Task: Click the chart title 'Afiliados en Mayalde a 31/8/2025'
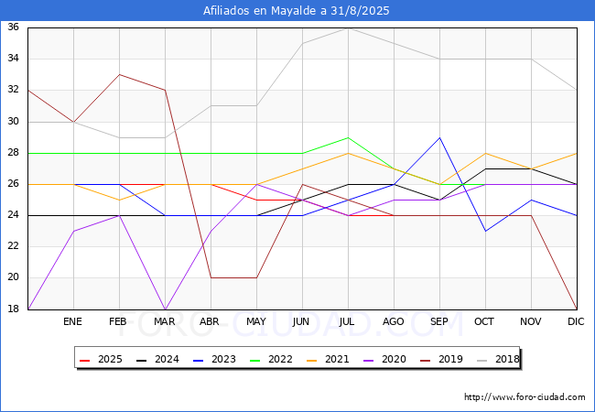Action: [297, 11]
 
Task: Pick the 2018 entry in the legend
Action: [498, 359]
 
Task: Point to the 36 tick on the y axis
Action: [14, 27]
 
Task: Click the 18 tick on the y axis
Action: [14, 309]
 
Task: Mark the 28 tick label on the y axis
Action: [14, 153]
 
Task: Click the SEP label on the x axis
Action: [439, 322]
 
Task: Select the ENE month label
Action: [73, 322]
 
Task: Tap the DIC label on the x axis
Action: [576, 322]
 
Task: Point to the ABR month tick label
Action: [211, 322]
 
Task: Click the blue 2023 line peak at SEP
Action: [439, 137]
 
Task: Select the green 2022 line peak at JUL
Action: [348, 137]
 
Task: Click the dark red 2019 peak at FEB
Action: [119, 74]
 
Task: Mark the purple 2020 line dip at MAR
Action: [165, 309]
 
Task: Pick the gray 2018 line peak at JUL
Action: [348, 27]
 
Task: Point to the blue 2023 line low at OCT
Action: [485, 231]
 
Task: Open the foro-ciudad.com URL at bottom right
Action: [525, 397]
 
